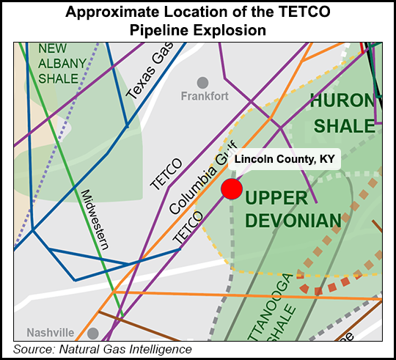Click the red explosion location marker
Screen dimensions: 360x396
tap(232, 188)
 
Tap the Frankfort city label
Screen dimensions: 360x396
tap(205, 96)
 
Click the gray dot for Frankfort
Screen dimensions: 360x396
tap(202, 82)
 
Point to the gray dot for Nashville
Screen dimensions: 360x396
tap(92, 332)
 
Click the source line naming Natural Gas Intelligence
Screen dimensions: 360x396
tap(103, 349)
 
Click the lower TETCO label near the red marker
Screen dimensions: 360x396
tap(187, 229)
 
